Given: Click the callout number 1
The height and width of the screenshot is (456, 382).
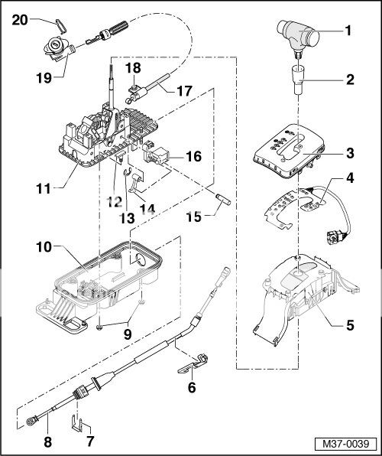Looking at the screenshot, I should point(349,32).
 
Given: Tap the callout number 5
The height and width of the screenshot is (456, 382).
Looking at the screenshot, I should point(349,324).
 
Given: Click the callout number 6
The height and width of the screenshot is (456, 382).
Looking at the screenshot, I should point(192,388).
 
